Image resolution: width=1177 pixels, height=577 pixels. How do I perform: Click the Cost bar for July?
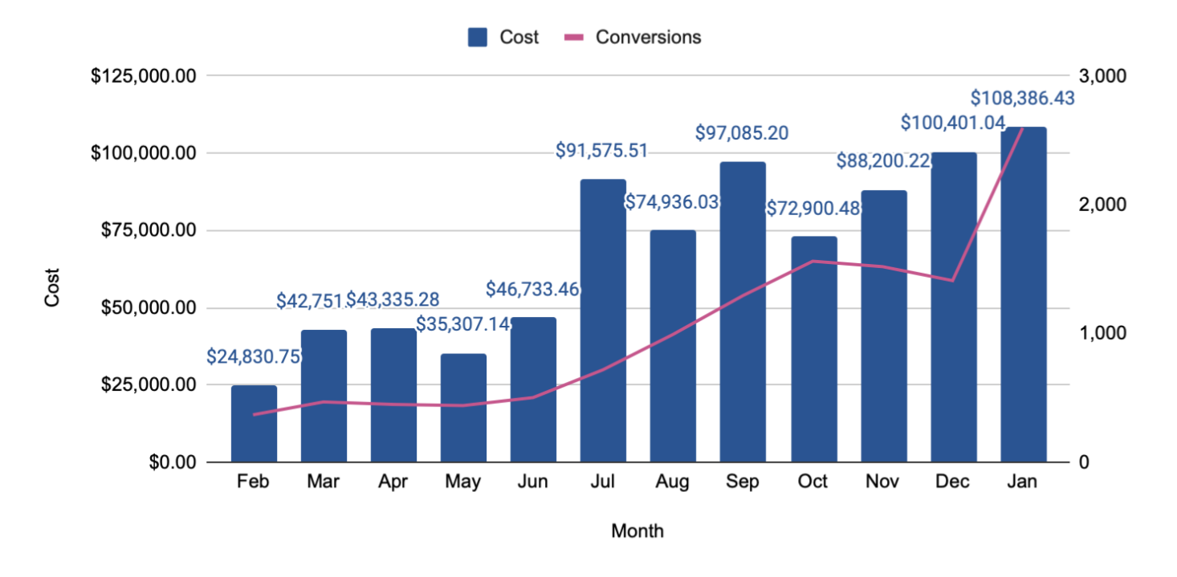[603, 321]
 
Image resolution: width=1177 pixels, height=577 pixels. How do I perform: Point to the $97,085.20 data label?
[742, 132]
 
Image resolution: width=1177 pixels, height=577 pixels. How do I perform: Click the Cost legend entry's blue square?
[478, 37]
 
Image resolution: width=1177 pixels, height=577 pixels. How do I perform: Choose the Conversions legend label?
[648, 37]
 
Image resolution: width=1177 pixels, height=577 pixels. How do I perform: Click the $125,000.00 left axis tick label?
[144, 76]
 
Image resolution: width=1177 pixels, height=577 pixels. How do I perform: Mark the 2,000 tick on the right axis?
[1105, 205]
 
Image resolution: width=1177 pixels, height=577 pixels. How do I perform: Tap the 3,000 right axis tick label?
[1105, 76]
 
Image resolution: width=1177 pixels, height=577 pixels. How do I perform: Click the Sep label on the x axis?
[743, 482]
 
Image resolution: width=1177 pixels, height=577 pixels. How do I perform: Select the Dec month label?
[953, 482]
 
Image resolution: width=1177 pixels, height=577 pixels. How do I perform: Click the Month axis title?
[637, 531]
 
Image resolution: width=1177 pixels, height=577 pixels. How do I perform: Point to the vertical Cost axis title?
[52, 288]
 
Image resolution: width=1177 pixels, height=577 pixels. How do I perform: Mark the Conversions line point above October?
[813, 261]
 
